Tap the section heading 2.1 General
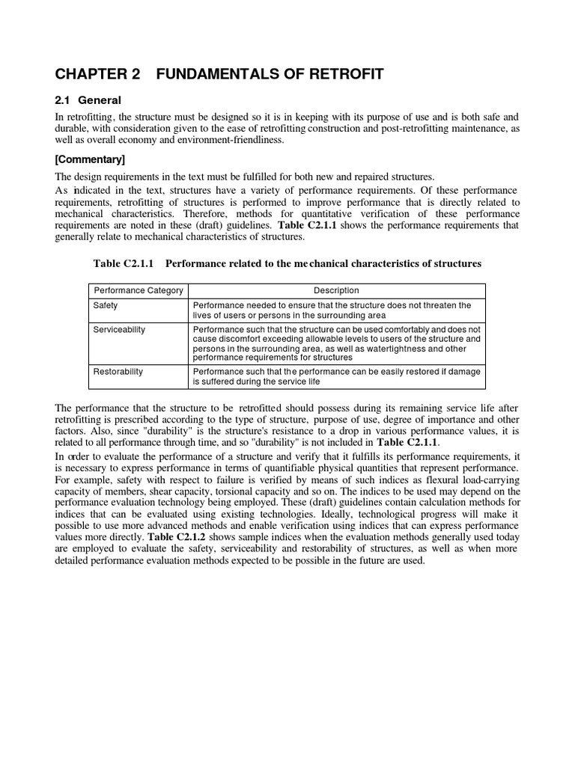coord(88,100)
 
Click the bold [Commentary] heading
coord(91,159)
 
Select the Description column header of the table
coord(335,290)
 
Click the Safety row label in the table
coord(106,305)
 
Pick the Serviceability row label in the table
coord(118,329)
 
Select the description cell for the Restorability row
coord(337,376)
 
